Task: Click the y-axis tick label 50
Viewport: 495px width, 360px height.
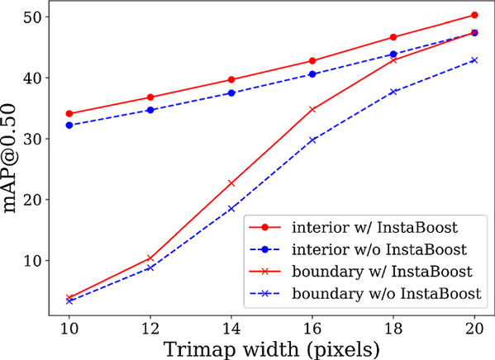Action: pyautogui.click(x=33, y=17)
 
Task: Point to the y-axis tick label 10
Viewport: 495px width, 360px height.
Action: pyautogui.click(x=33, y=261)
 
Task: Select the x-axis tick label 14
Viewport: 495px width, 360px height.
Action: pyautogui.click(x=231, y=329)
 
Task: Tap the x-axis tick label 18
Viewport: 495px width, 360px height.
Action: pyautogui.click(x=393, y=329)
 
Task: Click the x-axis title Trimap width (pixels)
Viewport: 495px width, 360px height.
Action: pyautogui.click(x=272, y=349)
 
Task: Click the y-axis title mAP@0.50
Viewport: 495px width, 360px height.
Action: pyautogui.click(x=10, y=159)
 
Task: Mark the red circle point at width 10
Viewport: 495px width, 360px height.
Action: pyautogui.click(x=69, y=114)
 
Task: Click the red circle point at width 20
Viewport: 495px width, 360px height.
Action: pyautogui.click(x=474, y=15)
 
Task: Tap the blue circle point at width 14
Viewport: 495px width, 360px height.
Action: pyautogui.click(x=231, y=93)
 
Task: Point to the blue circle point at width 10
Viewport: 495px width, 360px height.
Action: pyautogui.click(x=69, y=126)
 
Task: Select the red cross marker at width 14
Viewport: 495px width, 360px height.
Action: pyautogui.click(x=231, y=183)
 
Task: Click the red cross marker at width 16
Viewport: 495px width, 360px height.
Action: pyautogui.click(x=312, y=110)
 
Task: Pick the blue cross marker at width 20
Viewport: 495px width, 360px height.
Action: pyautogui.click(x=474, y=60)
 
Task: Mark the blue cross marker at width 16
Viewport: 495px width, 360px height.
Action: pyautogui.click(x=312, y=140)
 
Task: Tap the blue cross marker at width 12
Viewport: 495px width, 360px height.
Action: pyautogui.click(x=150, y=268)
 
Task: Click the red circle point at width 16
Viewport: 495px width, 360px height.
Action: pyautogui.click(x=312, y=61)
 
